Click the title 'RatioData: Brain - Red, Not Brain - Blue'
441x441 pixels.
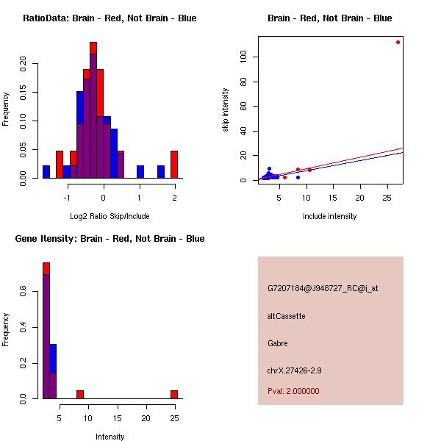pos(110,18)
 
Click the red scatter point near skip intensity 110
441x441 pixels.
pos(398,42)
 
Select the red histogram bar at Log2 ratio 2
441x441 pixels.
pos(174,164)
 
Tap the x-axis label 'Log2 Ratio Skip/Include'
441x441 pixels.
pos(110,216)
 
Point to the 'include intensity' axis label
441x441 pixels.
pos(330,216)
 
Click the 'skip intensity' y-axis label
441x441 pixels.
pos(226,110)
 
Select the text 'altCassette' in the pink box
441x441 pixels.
pos(286,316)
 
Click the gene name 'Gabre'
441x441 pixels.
pos(278,343)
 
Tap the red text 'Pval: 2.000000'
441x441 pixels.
pos(293,391)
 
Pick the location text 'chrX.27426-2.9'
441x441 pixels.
pos(294,370)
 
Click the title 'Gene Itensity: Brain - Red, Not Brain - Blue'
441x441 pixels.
pos(110,238)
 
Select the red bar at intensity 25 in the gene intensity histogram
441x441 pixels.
pos(174,394)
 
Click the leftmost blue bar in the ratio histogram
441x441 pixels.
pos(46,171)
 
